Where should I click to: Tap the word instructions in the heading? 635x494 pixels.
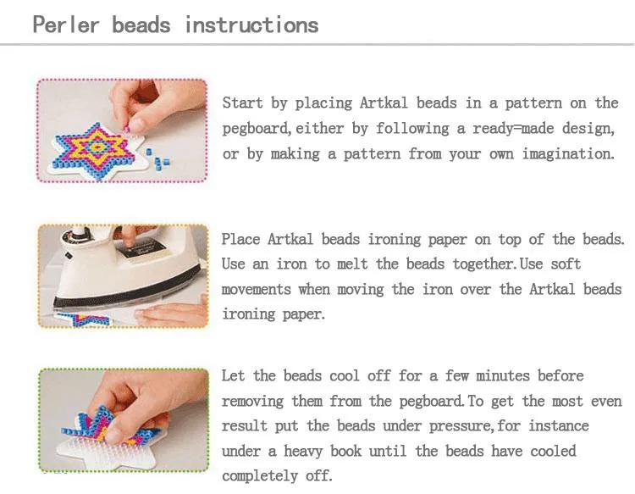tap(251, 24)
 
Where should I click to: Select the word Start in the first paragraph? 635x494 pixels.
tap(242, 103)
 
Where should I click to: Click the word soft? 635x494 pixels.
tap(564, 264)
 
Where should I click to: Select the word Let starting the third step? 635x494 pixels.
tap(234, 375)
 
